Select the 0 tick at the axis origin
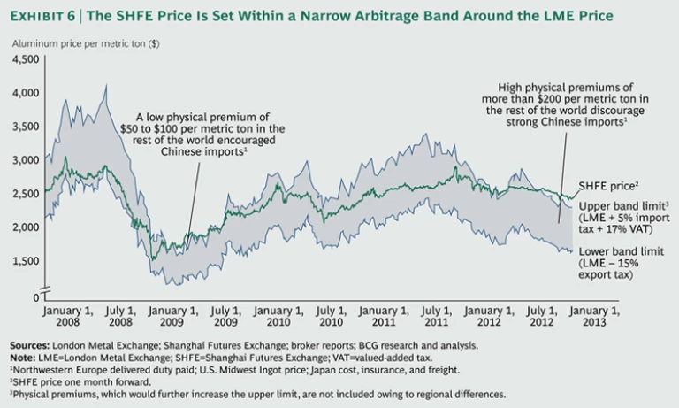coord(35,295)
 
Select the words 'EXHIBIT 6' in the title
coord(45,16)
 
